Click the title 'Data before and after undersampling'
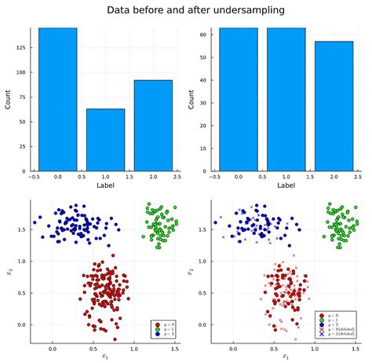click(185, 9)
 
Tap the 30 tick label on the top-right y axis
click(202, 102)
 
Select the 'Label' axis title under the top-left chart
click(105, 185)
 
